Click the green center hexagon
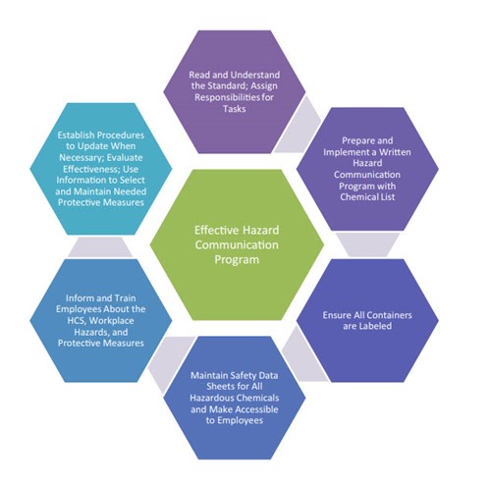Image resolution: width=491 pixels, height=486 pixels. pyautogui.click(x=237, y=244)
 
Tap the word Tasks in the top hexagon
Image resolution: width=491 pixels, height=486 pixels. pyautogui.click(x=235, y=109)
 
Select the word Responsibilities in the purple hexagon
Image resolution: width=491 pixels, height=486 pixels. pyautogui.click(x=227, y=97)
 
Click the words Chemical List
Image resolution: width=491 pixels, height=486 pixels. pyautogui.click(x=367, y=197)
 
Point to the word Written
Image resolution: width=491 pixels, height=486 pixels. pyautogui.click(x=395, y=152)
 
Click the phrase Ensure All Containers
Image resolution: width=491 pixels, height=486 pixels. pyautogui.click(x=367, y=315)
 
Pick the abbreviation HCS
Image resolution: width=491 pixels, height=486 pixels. pyautogui.click(x=77, y=321)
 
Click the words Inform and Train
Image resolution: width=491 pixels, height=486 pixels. pyautogui.click(x=100, y=298)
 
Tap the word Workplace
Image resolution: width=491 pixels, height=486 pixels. pyautogui.click(x=111, y=321)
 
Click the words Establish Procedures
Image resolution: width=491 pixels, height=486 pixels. pyautogui.click(x=101, y=135)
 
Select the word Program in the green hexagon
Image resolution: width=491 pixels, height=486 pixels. pyautogui.click(x=237, y=260)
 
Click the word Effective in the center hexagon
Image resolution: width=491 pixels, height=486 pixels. pyautogui.click(x=214, y=230)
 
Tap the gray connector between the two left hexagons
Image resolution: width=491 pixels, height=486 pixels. pyautogui.click(x=100, y=247)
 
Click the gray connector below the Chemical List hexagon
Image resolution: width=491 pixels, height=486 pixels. pyautogui.click(x=367, y=244)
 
